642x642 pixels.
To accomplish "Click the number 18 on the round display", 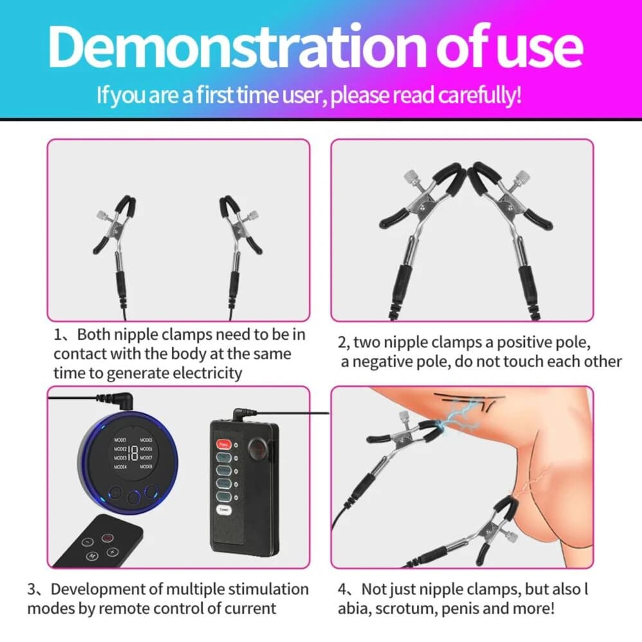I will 132,452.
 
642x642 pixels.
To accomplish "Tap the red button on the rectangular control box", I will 223,444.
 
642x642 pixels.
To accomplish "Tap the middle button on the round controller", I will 133,497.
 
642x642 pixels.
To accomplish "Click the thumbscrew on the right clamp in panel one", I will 253,216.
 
